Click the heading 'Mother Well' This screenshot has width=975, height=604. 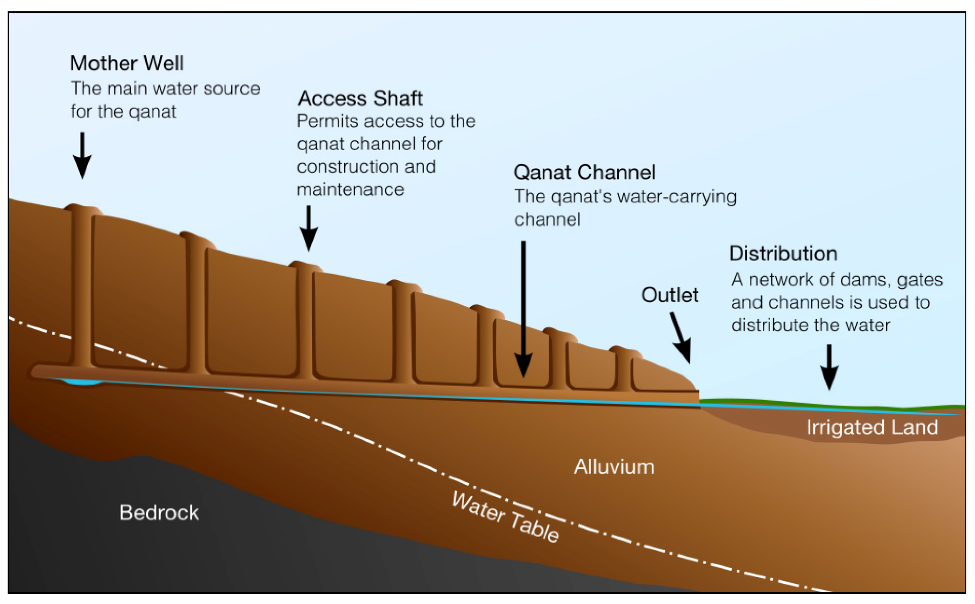tap(127, 63)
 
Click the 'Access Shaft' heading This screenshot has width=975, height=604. tap(360, 98)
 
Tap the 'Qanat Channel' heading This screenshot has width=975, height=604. tap(584, 173)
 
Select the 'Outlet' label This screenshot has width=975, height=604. tap(670, 295)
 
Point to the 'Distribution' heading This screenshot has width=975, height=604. tap(783, 254)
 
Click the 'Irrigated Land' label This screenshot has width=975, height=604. tap(872, 427)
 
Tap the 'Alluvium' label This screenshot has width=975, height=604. tap(614, 467)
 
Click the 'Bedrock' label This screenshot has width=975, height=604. tap(159, 513)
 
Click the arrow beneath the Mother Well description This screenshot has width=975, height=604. tap(82, 156)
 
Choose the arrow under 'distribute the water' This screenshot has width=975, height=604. tap(829, 366)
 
